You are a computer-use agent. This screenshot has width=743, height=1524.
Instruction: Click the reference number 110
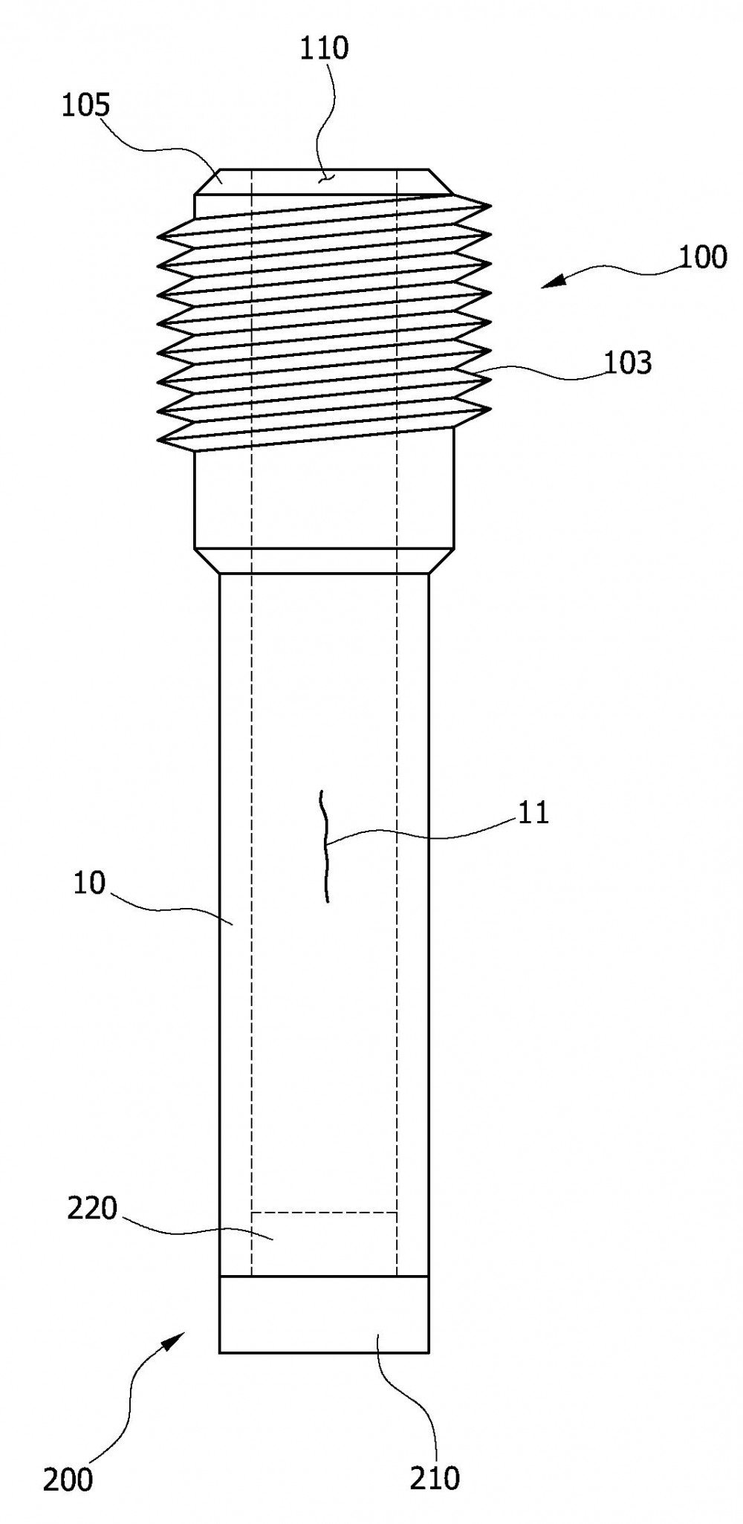click(324, 49)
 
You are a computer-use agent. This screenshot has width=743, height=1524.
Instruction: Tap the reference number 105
click(85, 106)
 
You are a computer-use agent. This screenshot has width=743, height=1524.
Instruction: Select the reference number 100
click(703, 257)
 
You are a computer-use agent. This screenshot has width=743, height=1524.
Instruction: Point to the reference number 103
click(629, 363)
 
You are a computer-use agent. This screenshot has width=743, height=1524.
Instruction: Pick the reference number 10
click(90, 884)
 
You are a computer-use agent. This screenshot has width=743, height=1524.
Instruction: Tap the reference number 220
click(92, 1209)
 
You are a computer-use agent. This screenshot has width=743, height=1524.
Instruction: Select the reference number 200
click(68, 1480)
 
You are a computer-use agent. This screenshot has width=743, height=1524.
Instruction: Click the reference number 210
click(435, 1479)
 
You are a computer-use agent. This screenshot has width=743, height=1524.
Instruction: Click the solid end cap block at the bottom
click(324, 1314)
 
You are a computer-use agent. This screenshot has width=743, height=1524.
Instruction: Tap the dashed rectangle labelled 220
click(324, 1244)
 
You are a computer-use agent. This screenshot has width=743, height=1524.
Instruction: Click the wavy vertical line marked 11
click(325, 846)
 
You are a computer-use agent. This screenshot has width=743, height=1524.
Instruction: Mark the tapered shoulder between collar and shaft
click(324, 561)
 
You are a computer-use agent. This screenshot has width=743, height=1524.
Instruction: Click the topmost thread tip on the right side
click(490, 204)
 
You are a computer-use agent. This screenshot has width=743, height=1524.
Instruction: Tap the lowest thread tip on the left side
click(159, 442)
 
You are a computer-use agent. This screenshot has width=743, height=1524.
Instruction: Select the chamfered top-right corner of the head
click(441, 182)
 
